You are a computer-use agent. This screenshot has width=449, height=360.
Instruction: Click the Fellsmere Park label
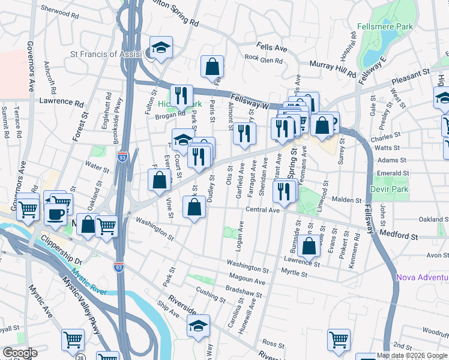[x=385, y=27]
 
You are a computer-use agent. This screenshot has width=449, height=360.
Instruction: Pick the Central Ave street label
[x=263, y=210]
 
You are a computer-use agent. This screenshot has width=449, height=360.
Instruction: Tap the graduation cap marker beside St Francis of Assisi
[x=160, y=48]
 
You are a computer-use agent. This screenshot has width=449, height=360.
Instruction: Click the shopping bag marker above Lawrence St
[x=309, y=245]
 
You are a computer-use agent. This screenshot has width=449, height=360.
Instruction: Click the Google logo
[x=20, y=353]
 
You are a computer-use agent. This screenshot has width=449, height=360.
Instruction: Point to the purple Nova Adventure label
[x=422, y=277]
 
